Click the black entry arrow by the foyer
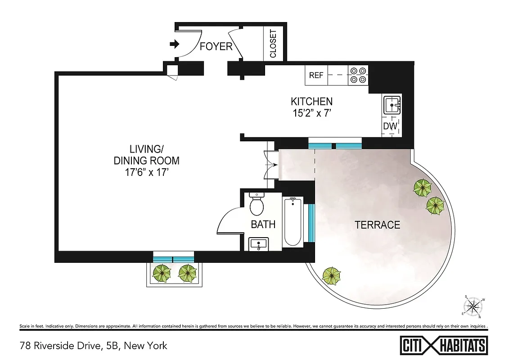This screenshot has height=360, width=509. click(x=174, y=44)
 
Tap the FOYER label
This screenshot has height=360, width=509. click(x=216, y=46)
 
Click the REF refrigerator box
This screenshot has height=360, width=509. click(x=316, y=75)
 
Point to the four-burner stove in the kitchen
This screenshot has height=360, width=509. click(x=358, y=75)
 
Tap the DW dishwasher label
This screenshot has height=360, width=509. click(x=390, y=126)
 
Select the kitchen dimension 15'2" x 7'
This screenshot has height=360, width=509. click(x=311, y=114)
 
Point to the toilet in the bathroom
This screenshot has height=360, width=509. click(x=257, y=205)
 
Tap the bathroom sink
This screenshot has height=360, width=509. click(x=259, y=244)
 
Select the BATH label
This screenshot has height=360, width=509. click(x=263, y=224)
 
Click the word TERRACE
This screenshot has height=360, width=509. click(x=377, y=225)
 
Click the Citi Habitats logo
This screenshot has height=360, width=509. click(x=443, y=346)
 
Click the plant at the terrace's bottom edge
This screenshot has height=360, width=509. click(x=331, y=275)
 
